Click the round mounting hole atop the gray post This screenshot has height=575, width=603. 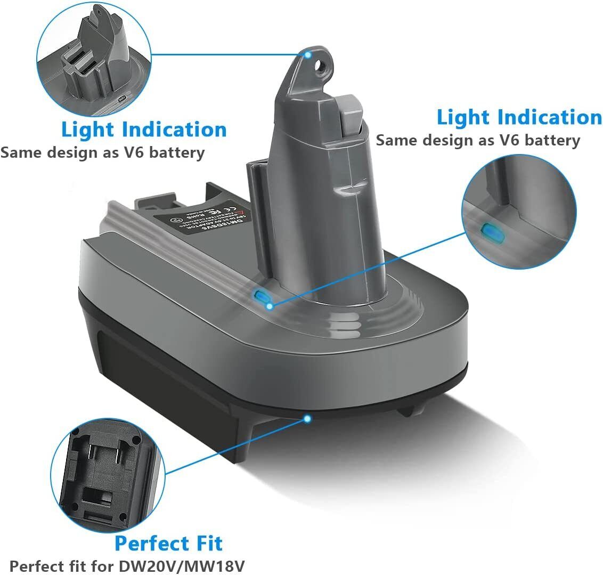tap(320, 66)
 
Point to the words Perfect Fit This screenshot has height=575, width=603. tap(168, 544)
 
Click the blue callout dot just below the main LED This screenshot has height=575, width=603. tap(270, 306)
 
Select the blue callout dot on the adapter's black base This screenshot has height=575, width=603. tap(307, 418)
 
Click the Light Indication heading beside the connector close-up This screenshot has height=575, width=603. tap(144, 130)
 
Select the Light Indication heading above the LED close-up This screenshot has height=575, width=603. tap(519, 118)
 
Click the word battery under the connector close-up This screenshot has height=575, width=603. tap(176, 153)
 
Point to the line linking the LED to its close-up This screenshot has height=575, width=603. tap(368, 269)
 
